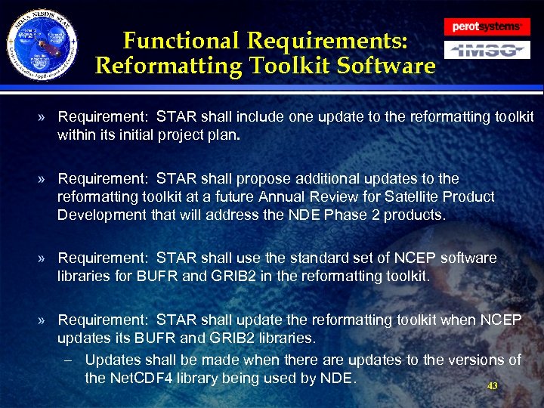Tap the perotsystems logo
click(487, 26)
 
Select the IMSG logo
click(486, 51)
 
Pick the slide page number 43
click(492, 385)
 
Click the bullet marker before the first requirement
click(45, 118)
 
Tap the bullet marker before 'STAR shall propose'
click(45, 179)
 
